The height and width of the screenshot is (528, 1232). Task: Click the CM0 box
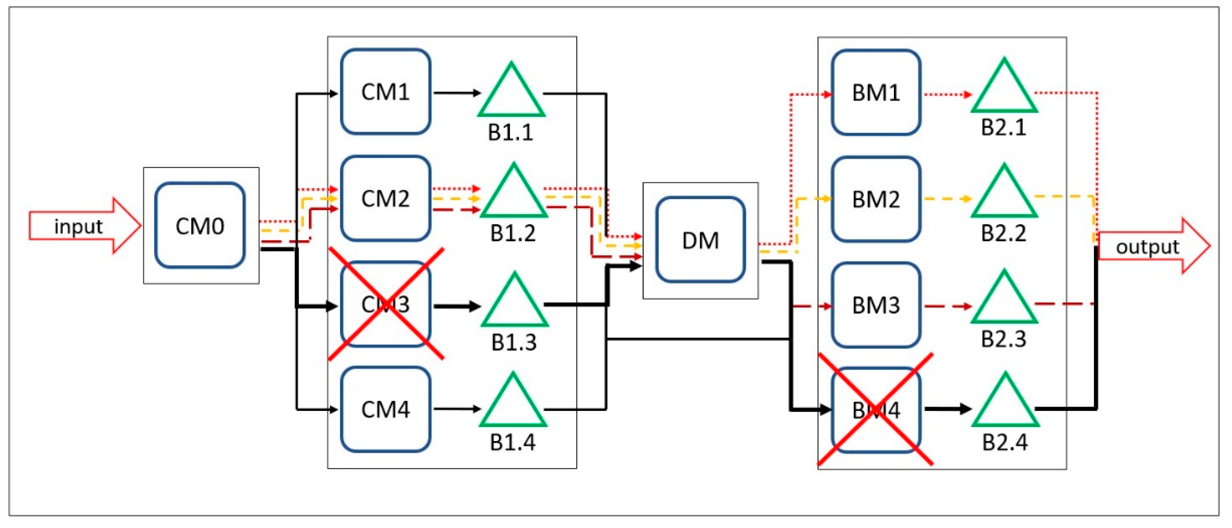point(200,225)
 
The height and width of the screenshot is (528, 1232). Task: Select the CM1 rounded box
point(385,92)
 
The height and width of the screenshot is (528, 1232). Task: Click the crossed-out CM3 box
point(385,304)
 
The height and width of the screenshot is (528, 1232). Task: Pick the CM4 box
point(385,409)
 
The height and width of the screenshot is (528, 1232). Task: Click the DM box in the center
point(701,240)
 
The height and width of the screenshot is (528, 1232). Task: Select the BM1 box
point(876,93)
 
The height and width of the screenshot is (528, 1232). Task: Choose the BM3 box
point(876,305)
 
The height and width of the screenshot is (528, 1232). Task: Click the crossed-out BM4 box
point(876,410)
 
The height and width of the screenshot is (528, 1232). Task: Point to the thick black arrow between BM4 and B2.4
point(947,409)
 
